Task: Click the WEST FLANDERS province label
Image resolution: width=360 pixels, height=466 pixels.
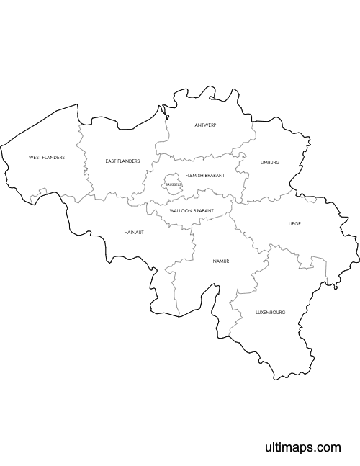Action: [47, 157]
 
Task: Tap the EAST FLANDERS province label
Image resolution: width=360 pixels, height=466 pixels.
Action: [122, 161]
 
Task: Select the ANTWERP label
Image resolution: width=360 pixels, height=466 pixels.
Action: [205, 125]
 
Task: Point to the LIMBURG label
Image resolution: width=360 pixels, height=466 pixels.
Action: [270, 163]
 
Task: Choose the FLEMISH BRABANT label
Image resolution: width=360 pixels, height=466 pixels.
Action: [204, 176]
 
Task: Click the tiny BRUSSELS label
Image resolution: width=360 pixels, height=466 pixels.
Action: [174, 185]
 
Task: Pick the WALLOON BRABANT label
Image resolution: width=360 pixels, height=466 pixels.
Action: [192, 211]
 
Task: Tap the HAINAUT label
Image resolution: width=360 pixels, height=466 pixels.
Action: [134, 233]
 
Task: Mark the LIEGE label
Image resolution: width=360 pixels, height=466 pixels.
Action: [294, 224]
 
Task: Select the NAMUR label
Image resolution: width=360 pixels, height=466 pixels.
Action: [220, 261]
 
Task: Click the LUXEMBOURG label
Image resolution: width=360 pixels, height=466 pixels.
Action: [271, 313]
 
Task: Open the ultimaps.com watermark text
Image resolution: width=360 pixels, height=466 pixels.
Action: [302, 448]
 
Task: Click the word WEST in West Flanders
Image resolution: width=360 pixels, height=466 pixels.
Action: [35, 157]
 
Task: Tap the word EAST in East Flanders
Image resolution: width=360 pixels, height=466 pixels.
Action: [111, 161]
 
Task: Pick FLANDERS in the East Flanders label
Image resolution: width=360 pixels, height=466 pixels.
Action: [130, 161]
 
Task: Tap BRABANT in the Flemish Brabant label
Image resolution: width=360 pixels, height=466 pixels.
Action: [215, 176]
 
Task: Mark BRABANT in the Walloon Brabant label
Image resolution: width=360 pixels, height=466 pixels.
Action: [204, 211]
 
